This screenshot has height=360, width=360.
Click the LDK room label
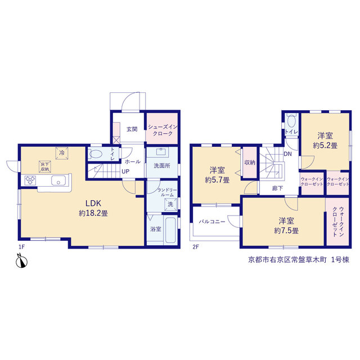coord(93,203)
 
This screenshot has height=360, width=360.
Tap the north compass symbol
coord(21,260)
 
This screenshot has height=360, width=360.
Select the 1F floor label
coord(21,247)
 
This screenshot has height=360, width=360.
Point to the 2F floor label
coord(196,247)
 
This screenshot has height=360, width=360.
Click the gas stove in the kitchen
coord(30,180)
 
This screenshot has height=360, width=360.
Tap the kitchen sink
coord(58,180)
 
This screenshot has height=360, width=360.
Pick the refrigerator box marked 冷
coord(62,153)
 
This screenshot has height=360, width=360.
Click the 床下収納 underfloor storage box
coord(45,166)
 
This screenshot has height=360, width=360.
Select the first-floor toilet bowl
coord(96,154)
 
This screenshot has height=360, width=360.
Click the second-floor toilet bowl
coord(291,120)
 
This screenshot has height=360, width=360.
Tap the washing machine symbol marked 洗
coord(170,204)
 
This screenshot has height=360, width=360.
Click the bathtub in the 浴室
coord(170,229)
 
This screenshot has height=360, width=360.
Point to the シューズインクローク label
coord(163,130)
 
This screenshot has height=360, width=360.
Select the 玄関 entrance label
coord(132,129)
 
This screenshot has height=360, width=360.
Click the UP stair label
coord(125,172)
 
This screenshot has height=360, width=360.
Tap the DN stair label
coord(287,154)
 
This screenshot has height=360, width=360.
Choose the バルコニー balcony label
coord(212,222)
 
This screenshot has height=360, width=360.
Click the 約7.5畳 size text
coord(286,231)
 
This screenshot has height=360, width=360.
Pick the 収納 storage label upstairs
coord(250,163)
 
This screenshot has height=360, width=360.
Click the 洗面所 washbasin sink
coord(161,152)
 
